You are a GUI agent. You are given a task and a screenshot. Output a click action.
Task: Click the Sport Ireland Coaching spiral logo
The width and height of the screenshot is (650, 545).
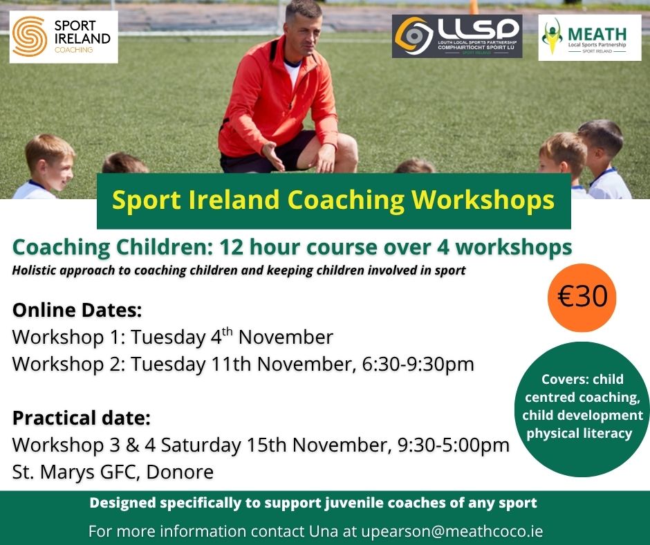[29, 37]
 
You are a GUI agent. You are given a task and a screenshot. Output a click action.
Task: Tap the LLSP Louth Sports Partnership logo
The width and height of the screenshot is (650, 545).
[457, 36]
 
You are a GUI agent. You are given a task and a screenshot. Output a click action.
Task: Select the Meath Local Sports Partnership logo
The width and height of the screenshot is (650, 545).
[589, 38]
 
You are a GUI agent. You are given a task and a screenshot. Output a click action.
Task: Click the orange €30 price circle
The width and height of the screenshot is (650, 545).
[582, 297]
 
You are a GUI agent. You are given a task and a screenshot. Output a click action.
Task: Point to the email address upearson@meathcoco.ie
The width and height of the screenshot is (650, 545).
[452, 531]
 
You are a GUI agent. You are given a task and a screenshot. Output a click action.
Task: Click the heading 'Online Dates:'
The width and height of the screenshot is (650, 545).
[77, 311]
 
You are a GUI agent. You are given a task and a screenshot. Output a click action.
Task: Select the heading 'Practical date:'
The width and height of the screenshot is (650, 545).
[82, 418]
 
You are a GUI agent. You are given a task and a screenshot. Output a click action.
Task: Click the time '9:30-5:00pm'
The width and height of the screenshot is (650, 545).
[453, 445]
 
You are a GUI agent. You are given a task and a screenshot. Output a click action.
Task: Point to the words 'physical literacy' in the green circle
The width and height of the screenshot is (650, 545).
[579, 434]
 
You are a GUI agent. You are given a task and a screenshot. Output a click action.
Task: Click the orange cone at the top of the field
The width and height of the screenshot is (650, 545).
[473, 7]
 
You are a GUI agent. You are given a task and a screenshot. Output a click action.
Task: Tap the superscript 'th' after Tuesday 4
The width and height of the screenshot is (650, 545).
[228, 332]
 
